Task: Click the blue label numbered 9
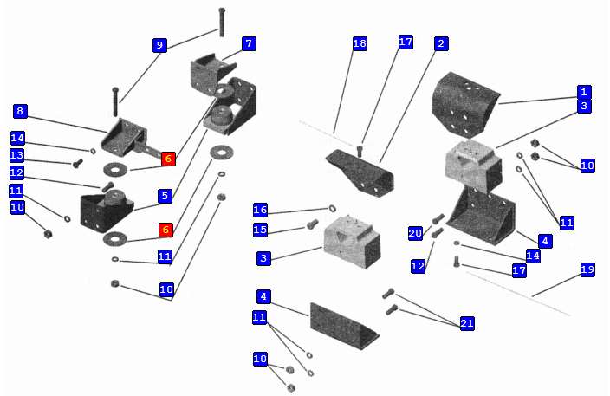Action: coord(159,45)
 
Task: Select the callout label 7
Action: coord(248,43)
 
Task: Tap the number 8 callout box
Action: coord(20,111)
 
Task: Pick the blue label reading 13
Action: coord(16,155)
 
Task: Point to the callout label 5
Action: coord(165,196)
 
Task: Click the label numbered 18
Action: coord(360,44)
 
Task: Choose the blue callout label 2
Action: coord(441,43)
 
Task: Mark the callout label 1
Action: coord(584,92)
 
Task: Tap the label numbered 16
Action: coord(260,211)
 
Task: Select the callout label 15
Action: coord(260,230)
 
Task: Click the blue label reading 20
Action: coord(415,233)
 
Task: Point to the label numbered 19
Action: coord(587,270)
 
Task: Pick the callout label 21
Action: coord(467,323)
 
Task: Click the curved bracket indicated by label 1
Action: coord(466,104)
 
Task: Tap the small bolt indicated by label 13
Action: coord(77,162)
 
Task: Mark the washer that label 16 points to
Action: coord(333,209)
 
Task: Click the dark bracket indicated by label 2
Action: coord(360,171)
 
